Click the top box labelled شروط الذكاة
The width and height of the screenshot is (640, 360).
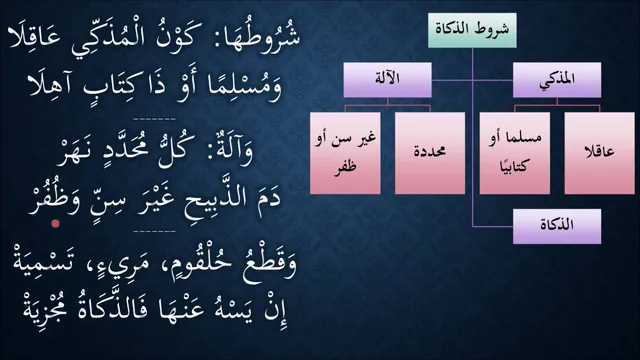coord(472,30)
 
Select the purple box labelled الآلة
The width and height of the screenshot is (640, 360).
coord(387,80)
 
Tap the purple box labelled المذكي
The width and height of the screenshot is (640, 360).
coord(557,80)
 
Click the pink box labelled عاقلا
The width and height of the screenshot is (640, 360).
coord(600,153)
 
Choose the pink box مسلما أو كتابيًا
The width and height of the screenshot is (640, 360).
coord(515,153)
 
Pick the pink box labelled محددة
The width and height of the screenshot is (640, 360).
coord(430,153)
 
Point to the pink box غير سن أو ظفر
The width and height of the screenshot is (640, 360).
coord(345,153)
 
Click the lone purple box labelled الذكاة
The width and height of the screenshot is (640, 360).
coord(557,226)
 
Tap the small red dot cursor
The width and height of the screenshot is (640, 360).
coord(55,223)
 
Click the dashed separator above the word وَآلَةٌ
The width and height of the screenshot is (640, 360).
coord(155,119)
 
